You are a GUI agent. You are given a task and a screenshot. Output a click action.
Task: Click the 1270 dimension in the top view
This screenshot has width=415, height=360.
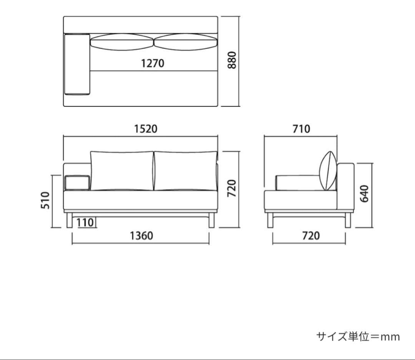[x=153, y=63]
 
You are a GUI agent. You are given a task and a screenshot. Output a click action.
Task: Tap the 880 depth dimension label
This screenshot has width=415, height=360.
[x=232, y=60]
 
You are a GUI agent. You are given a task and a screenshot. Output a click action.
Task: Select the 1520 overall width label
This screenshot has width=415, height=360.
[x=146, y=129]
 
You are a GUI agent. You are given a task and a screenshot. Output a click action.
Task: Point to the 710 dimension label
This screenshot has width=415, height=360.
[x=301, y=129]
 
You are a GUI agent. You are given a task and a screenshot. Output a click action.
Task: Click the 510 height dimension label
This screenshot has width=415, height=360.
[x=46, y=200]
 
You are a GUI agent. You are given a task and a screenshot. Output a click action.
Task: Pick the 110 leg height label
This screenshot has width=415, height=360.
[x=85, y=222]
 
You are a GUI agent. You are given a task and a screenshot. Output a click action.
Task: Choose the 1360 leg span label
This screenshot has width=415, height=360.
[x=141, y=235]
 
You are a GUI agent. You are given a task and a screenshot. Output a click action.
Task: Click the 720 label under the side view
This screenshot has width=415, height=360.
[x=310, y=235]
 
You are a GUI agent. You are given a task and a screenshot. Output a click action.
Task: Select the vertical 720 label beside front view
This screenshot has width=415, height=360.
[x=231, y=188]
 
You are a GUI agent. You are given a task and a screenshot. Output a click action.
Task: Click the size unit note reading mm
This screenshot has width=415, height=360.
[x=358, y=337]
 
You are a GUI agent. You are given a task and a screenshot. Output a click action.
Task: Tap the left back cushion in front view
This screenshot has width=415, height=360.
[x=122, y=171]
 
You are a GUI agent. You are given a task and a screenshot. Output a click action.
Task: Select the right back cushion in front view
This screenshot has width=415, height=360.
[x=185, y=171]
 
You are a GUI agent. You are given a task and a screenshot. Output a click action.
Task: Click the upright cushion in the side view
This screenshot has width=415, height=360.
[x=328, y=171]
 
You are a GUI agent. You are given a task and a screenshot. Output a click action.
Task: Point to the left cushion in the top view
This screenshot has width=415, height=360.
[x=122, y=42]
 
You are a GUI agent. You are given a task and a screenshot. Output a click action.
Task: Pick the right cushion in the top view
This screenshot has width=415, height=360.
[x=185, y=42]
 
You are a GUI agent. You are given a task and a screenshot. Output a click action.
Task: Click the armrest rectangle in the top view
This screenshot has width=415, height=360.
[x=77, y=64]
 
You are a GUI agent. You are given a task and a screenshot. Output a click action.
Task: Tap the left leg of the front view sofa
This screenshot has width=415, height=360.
[x=69, y=221]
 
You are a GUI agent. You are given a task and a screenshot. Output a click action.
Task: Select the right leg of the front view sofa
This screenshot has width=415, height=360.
[x=211, y=221]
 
